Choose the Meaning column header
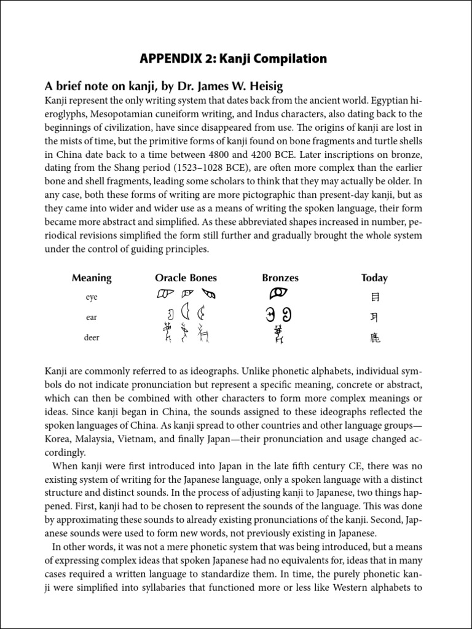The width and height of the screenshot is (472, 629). tap(92, 278)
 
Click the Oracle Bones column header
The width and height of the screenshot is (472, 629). tap(186, 278)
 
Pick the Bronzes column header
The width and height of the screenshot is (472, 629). tap(280, 278)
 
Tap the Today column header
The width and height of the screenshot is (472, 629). tap(374, 278)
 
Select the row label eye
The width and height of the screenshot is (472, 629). tap(92, 297)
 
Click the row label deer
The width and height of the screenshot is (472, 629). tap(92, 338)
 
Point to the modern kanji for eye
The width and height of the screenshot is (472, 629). tap(375, 297)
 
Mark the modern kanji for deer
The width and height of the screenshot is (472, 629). tap(375, 337)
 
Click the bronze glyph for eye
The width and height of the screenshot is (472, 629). tap(280, 294)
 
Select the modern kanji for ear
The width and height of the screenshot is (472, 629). tap(375, 317)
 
